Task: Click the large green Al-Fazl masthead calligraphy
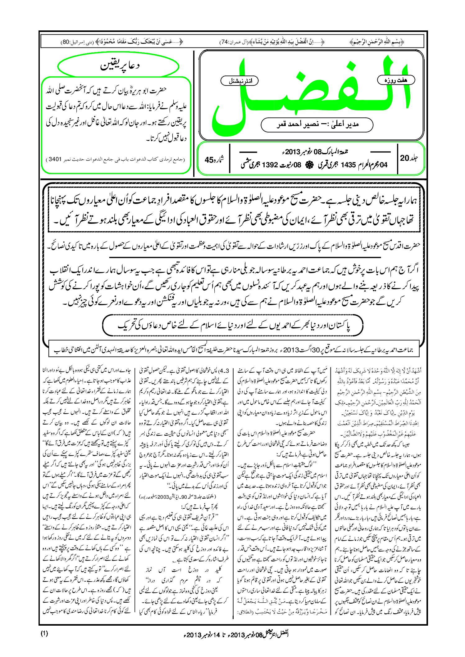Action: coord(311,93)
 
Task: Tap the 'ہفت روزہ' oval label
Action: coord(396,80)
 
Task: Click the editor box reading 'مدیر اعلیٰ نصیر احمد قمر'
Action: coord(317,124)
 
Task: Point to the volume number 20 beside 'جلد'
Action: coord(404,158)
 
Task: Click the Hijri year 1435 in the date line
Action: coord(348,165)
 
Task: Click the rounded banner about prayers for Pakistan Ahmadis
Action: coord(232,326)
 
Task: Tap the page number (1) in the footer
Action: coord(44,633)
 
